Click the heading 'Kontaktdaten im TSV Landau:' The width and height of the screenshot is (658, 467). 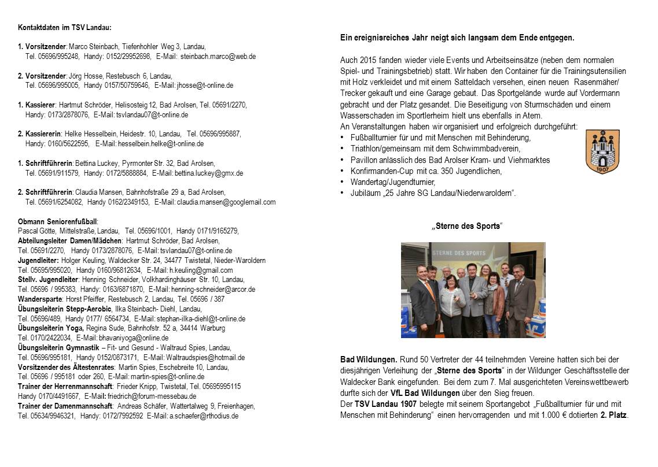[x=65, y=28]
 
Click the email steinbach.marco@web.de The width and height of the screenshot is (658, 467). [x=218, y=57]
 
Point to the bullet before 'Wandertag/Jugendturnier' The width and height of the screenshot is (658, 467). [x=343, y=182]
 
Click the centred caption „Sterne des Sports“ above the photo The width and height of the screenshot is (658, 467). [x=467, y=226]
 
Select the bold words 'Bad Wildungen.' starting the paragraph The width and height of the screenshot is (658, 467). [x=369, y=359]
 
